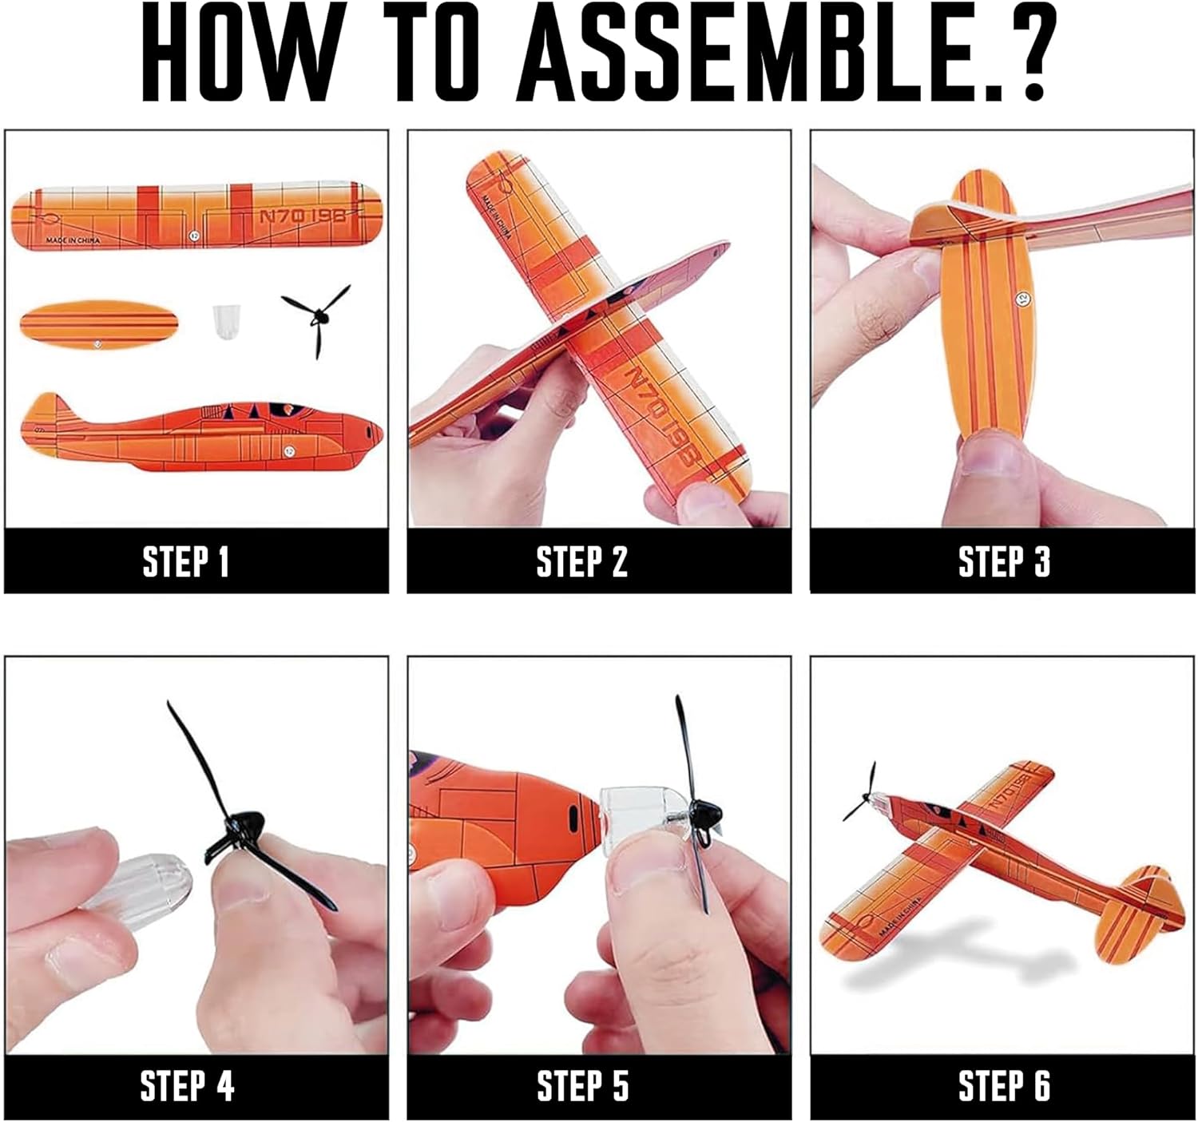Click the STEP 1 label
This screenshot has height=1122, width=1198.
[x=186, y=561]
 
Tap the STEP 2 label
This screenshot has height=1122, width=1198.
[x=582, y=561]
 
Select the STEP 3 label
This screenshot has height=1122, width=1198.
[x=1004, y=561]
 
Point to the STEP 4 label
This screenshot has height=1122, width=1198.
[x=187, y=1086]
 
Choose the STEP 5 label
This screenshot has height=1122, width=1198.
[x=583, y=1086]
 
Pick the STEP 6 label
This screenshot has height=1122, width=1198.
[x=1005, y=1086]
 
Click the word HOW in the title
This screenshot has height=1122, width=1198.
[x=244, y=52]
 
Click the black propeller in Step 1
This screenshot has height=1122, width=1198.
[x=317, y=318]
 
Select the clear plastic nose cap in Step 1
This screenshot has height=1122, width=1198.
[x=224, y=322]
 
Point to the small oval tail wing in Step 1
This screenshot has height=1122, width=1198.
[x=99, y=325]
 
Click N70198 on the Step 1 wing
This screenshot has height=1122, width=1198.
[x=303, y=214]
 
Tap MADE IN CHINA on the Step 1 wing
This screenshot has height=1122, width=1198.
[x=73, y=240]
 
